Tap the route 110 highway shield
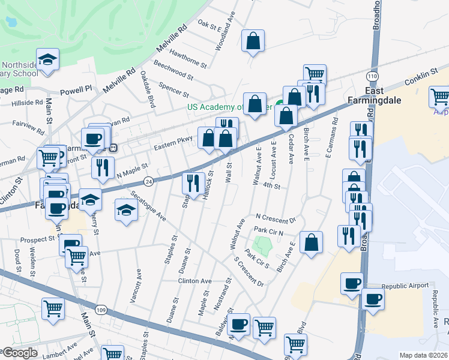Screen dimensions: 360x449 (x=372, y=77)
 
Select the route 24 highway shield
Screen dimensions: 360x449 (x=148, y=180)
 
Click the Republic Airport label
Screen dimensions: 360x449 (x=403, y=286)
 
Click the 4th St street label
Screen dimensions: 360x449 (x=272, y=187)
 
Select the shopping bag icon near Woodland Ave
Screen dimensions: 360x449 (x=253, y=41)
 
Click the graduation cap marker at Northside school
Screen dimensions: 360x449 (x=47, y=59)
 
